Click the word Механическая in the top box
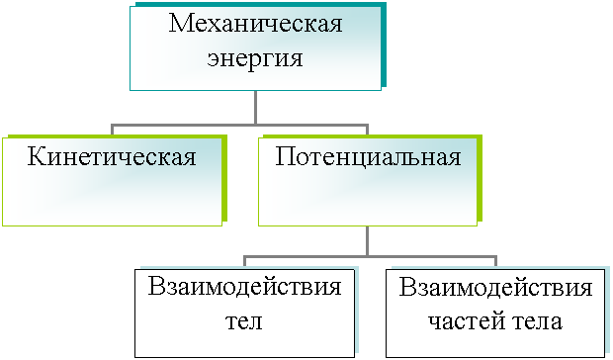click(x=256, y=24)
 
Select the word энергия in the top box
click(x=255, y=59)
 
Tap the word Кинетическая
click(x=112, y=157)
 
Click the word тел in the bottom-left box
click(x=244, y=322)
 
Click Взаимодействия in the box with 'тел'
click(x=245, y=288)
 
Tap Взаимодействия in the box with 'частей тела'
click(x=495, y=288)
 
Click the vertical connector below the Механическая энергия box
click(x=256, y=108)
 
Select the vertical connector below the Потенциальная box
click(x=367, y=241)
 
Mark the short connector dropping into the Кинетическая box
click(x=112, y=130)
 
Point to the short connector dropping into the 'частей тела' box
click(x=495, y=261)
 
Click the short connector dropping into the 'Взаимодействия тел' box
click(x=244, y=261)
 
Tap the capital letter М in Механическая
click(x=181, y=24)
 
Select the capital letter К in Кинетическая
click(x=36, y=157)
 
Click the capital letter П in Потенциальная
click(x=284, y=157)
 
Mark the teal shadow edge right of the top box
click(x=384, y=45)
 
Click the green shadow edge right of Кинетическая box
click(x=224, y=178)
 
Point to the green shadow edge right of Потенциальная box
click(x=480, y=178)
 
